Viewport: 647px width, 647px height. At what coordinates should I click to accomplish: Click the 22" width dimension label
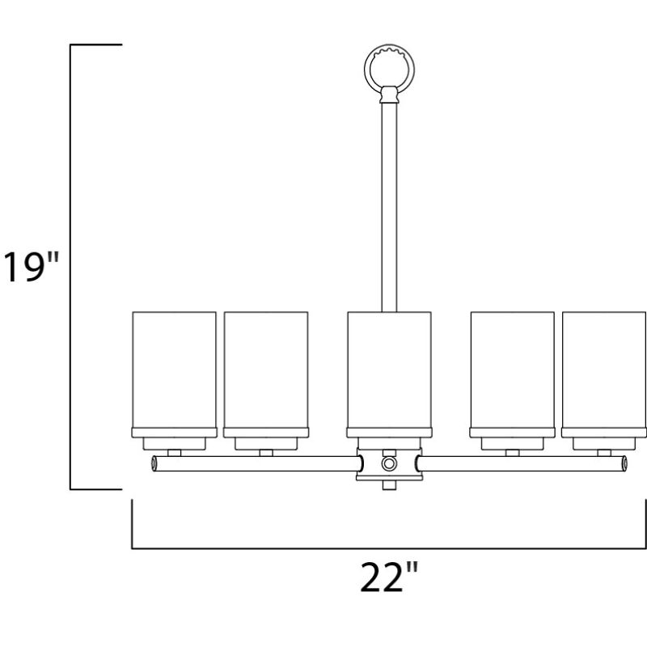click(389, 577)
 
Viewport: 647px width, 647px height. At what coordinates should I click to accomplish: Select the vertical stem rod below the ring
click(389, 207)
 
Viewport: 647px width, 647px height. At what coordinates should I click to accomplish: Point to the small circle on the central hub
click(389, 463)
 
